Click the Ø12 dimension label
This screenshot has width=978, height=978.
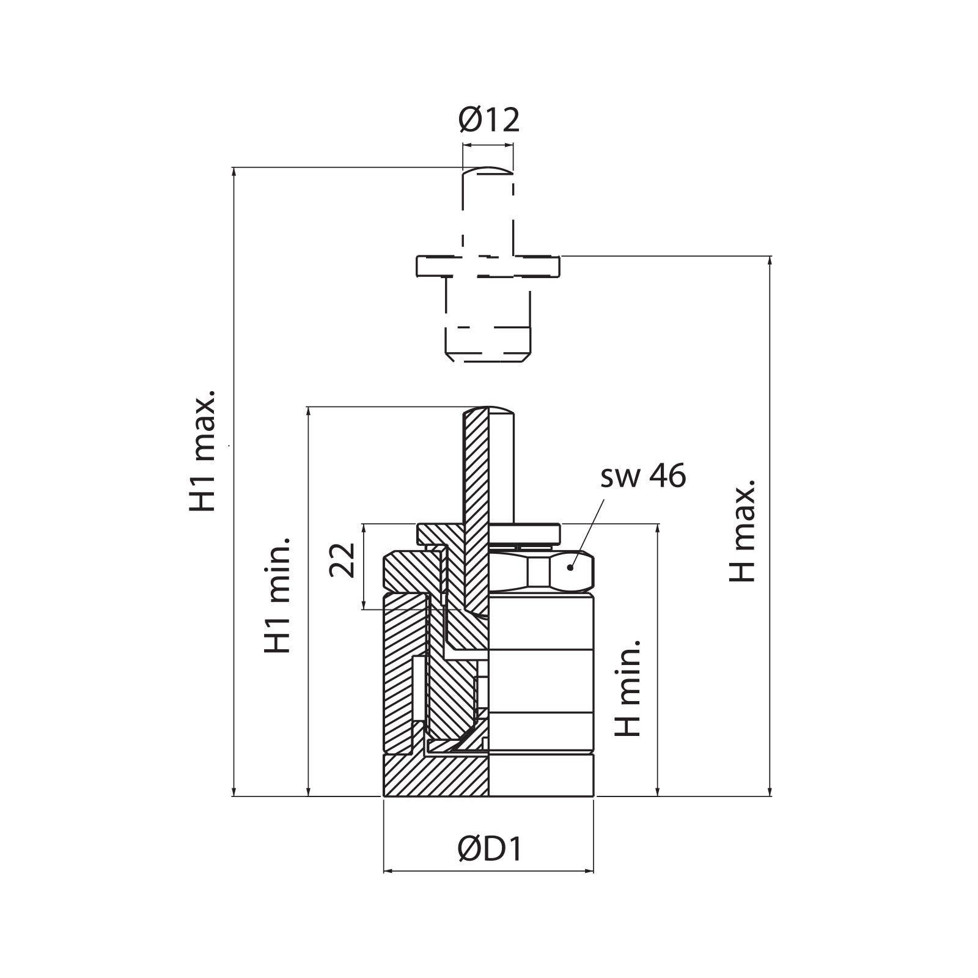[x=488, y=120]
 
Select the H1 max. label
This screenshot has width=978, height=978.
[x=202, y=450]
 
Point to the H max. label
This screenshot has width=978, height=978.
[x=743, y=531]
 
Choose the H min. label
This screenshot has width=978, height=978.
[x=628, y=688]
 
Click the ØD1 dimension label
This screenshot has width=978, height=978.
[x=490, y=849]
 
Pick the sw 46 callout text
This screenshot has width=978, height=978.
[x=643, y=476]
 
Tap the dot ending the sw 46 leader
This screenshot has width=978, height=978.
[x=570, y=567]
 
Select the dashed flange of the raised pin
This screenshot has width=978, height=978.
[x=488, y=266]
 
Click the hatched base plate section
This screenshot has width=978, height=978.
[x=436, y=776]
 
